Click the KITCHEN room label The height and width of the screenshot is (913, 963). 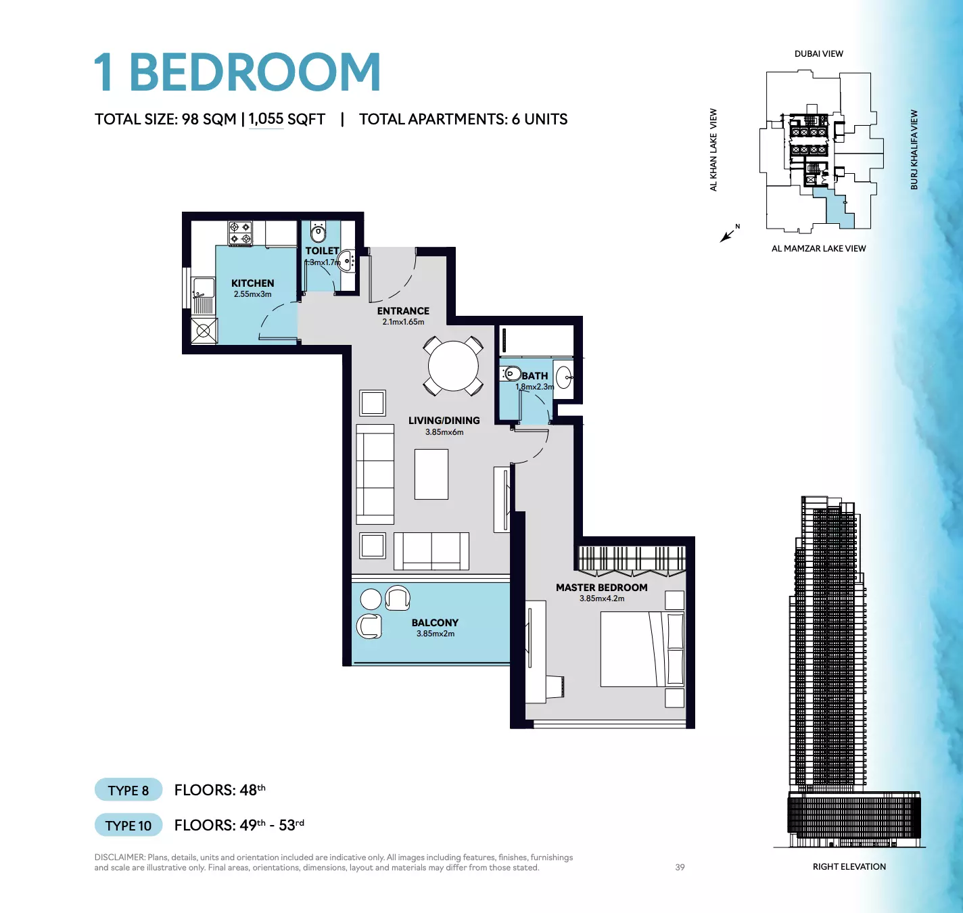pos(252,283)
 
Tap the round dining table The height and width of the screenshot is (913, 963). pos(453,366)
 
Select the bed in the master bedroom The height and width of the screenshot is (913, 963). pos(642,649)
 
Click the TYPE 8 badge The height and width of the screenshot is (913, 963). pos(128,791)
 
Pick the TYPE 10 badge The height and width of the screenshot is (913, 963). pos(128,826)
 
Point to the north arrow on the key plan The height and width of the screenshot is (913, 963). pos(728,235)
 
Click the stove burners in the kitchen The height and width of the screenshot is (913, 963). pos(241,233)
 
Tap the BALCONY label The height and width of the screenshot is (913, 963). pos(435,622)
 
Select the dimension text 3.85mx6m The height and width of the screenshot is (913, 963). pos(444,431)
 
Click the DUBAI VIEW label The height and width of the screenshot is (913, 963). pos(818,54)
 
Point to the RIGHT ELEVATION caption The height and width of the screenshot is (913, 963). pos(849,866)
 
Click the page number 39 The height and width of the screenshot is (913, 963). pos(680,867)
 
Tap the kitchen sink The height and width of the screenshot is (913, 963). pos(204,288)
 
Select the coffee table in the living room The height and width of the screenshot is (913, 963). pos(431,474)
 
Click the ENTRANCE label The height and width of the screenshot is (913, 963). pos(403,310)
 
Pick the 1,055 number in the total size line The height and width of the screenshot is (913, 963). pos(266,118)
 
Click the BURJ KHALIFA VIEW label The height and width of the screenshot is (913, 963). pos(914,149)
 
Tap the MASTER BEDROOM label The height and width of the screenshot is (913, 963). pos(601,587)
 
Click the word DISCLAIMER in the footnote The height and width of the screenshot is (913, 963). pos(120,857)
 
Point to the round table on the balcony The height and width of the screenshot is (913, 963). pos(371,599)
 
